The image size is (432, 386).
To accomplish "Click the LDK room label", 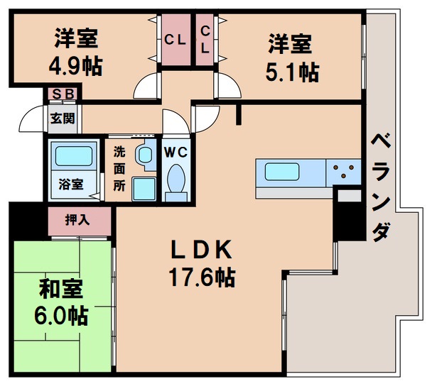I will coord(201,250).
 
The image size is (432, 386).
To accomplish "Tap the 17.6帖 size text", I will coord(202,276).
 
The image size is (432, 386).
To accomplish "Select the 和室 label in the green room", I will coord(60,289).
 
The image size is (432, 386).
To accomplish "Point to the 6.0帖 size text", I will coord(60,314).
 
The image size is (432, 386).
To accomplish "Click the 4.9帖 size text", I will coord(75,67).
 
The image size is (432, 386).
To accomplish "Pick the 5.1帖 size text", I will coord(293,71).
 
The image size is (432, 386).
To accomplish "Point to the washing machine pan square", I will coord(145,189).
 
